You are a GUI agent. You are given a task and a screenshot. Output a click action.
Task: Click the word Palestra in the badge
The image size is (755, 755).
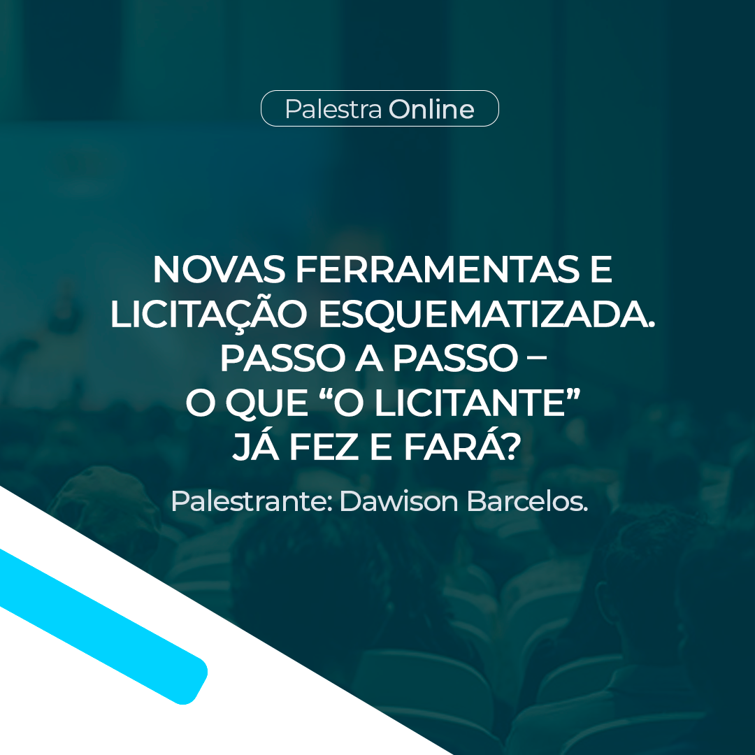(333, 109)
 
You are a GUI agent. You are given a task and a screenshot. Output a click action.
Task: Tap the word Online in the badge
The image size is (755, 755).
(431, 109)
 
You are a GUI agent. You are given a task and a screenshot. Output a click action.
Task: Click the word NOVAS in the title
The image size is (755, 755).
(219, 270)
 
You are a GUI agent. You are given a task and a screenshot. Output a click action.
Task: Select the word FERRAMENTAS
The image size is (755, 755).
(437, 270)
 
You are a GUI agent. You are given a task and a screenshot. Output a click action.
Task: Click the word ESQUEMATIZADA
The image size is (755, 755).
(487, 315)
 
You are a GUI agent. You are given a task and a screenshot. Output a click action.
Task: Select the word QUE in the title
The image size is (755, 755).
(267, 403)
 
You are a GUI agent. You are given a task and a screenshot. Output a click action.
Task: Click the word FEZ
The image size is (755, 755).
(326, 447)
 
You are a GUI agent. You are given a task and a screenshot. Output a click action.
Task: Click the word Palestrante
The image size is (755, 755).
(252, 501)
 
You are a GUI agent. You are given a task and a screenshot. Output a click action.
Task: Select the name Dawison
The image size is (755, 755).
(399, 501)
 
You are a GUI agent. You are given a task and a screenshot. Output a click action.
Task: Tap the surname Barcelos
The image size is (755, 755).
(527, 501)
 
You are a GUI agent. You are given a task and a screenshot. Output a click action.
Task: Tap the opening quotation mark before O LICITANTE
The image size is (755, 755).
(326, 395)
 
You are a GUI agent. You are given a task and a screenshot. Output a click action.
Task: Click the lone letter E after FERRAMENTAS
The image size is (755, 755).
(601, 270)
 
